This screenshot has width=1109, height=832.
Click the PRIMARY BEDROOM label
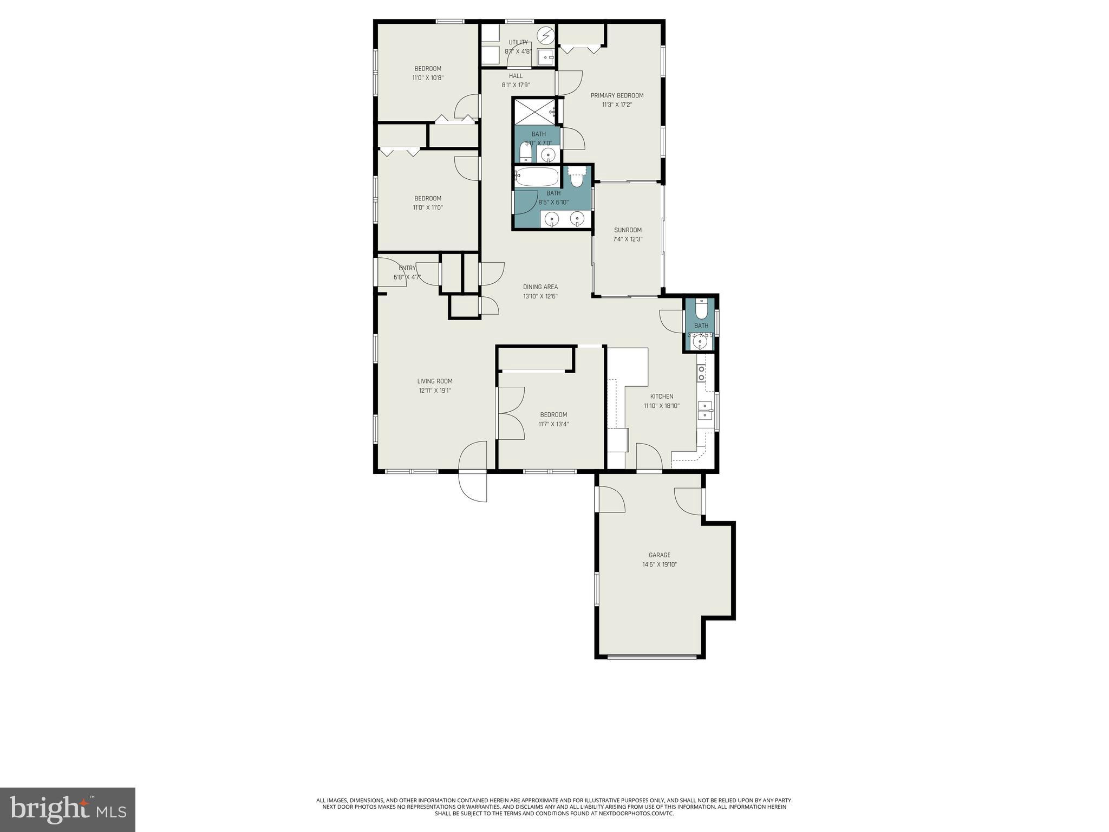point(617,96)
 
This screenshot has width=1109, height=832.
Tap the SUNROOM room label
point(628,230)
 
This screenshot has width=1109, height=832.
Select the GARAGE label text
point(659,555)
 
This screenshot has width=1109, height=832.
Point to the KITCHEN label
point(661,396)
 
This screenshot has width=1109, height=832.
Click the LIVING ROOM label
point(434,381)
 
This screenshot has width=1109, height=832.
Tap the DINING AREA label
point(540,287)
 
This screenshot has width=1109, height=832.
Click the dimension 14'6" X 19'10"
point(659,564)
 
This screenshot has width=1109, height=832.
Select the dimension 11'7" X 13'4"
point(553,424)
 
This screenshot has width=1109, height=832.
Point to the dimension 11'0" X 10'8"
point(427,78)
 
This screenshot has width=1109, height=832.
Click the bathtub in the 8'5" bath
point(537,177)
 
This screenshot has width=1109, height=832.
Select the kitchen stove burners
point(701,373)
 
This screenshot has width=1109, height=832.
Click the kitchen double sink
point(704,411)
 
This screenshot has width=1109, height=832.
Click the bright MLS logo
point(67,809)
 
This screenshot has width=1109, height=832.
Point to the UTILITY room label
point(518,42)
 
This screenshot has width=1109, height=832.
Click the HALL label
point(516,76)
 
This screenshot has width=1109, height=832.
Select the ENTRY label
point(407,268)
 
